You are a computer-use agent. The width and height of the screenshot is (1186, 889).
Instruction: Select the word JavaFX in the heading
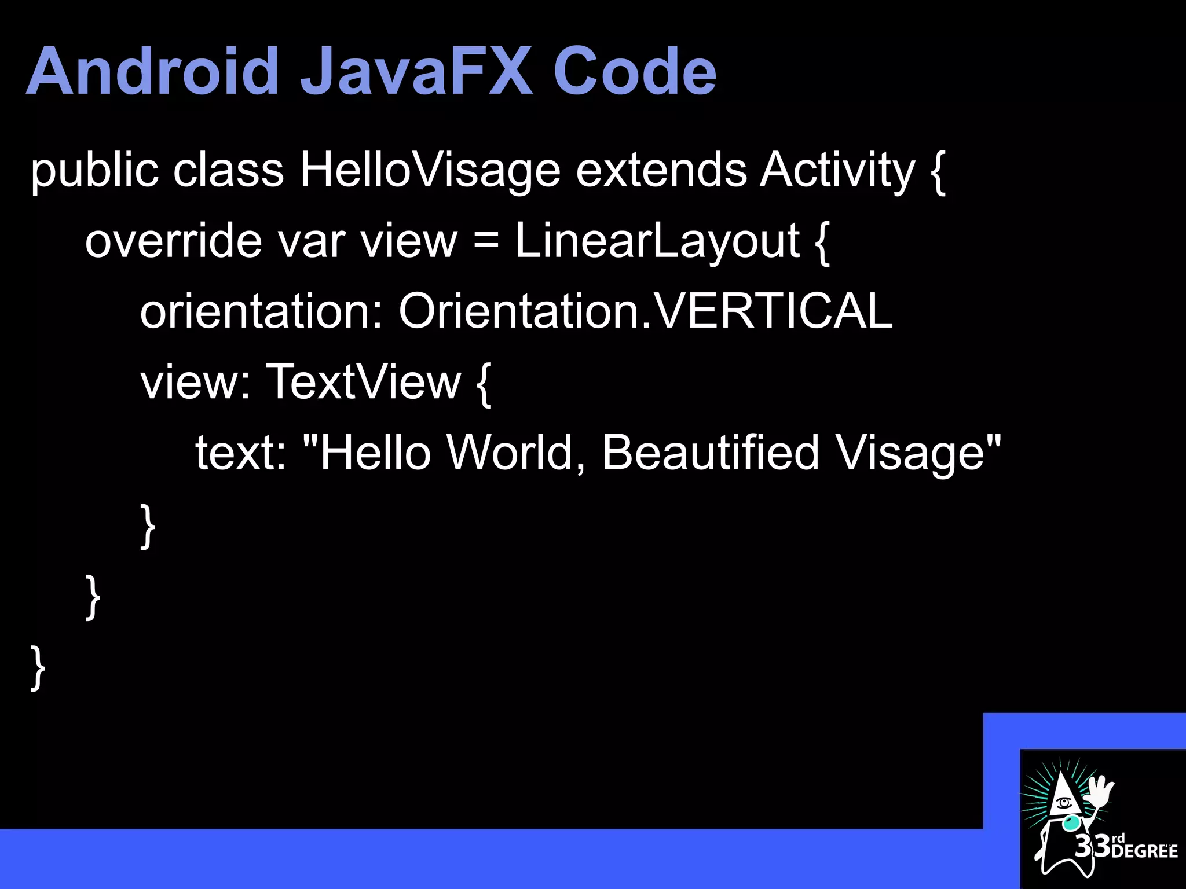pos(416,71)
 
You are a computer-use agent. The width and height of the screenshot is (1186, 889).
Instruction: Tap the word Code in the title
pos(635,71)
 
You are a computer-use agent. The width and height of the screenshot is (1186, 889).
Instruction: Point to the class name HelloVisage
pos(430,171)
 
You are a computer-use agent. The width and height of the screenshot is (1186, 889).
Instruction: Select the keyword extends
pos(661,171)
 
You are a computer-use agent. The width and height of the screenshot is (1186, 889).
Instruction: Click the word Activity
pos(837,171)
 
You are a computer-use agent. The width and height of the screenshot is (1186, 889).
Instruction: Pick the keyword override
pos(173,241)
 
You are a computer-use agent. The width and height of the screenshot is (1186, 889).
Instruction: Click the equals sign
pos(486,241)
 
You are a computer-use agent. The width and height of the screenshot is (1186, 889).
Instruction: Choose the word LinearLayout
pos(657,241)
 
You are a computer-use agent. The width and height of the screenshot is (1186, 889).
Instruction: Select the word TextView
pos(363,382)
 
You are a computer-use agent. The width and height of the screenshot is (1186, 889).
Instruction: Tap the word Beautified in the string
pos(711,453)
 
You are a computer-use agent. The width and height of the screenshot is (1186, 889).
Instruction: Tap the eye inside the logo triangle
pos(1063,802)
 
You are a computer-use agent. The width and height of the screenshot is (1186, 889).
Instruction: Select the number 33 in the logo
pos(1092,846)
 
